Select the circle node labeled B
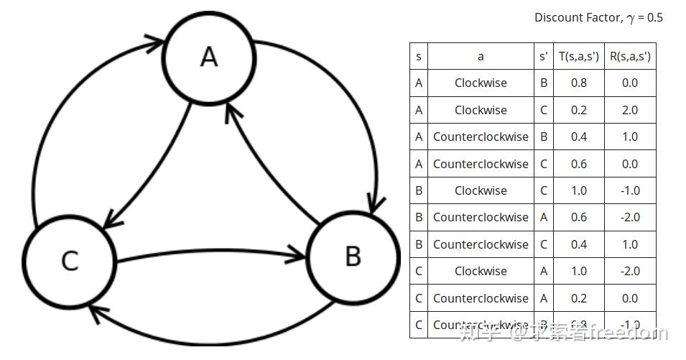[x=353, y=256]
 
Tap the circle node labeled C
[x=69, y=259]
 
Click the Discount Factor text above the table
[x=598, y=17]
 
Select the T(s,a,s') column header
[x=578, y=56]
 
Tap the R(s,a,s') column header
[x=629, y=56]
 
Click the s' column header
[x=543, y=56]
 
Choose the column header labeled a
[x=481, y=56]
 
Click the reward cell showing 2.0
[x=629, y=110]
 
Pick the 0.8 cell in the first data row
[x=578, y=83]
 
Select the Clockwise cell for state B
[x=481, y=190]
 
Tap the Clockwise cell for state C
[x=481, y=271]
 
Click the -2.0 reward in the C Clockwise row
[x=629, y=271]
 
